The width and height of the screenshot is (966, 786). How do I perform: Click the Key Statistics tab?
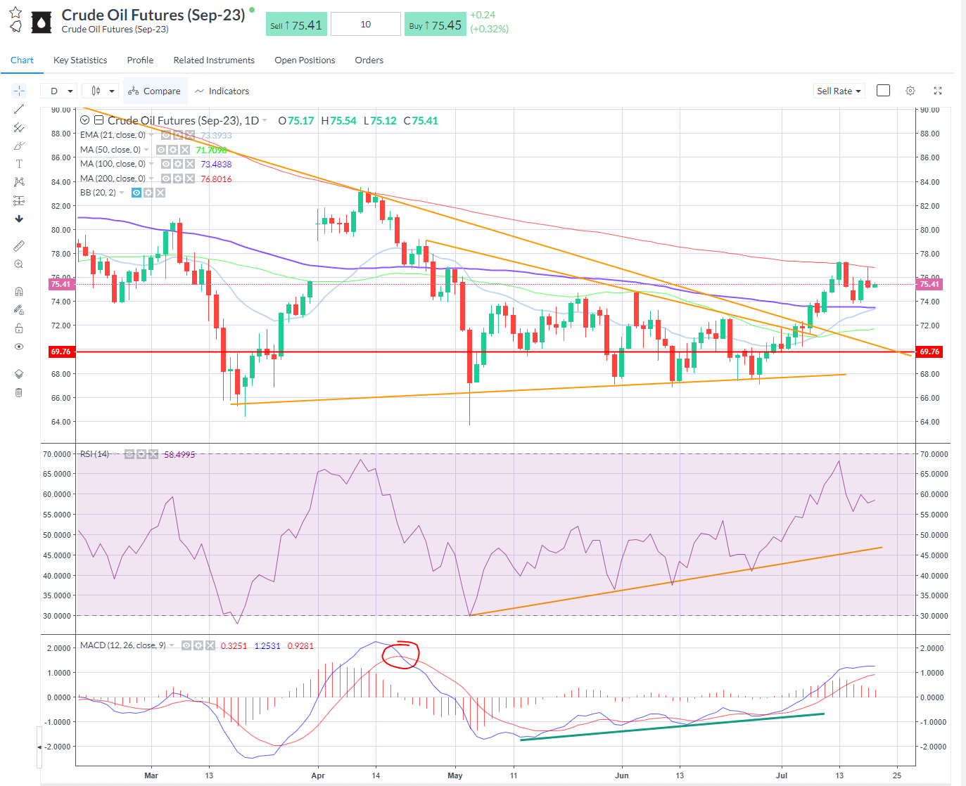tap(80, 60)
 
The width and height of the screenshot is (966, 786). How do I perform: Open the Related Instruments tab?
tap(214, 60)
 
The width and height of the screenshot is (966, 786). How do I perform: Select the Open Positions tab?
tap(305, 60)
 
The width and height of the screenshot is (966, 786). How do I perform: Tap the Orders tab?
tap(369, 60)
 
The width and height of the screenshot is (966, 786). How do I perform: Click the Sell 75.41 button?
tap(296, 25)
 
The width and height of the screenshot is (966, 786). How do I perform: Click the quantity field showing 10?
tap(365, 25)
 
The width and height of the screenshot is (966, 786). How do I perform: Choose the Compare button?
tap(155, 91)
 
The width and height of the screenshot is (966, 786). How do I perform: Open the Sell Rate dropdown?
tap(839, 91)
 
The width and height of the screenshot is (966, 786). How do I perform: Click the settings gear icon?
tap(910, 91)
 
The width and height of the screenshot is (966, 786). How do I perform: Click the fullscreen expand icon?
tap(938, 91)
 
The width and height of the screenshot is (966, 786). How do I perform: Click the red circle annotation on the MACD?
tap(400, 655)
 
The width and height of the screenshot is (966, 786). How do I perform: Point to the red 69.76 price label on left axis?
tap(61, 352)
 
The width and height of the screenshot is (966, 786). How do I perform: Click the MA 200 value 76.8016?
tap(216, 179)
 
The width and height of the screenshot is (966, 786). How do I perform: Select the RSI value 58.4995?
tap(179, 455)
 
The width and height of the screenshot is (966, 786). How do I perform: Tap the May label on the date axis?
tap(455, 776)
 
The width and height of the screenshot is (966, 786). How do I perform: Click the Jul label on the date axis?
tap(782, 776)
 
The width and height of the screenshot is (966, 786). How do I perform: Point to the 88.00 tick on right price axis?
tap(929, 134)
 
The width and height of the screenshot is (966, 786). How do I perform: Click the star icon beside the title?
tap(15, 13)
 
